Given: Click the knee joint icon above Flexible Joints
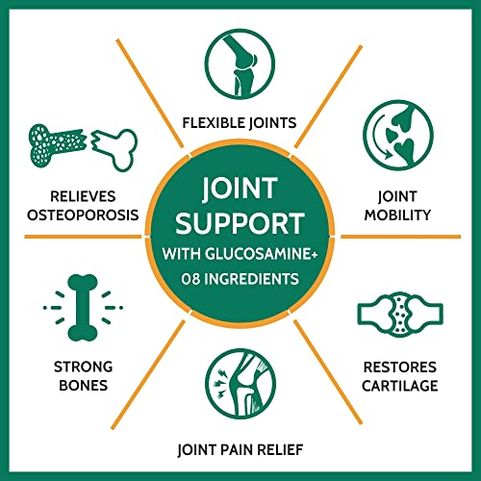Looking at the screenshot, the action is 240,63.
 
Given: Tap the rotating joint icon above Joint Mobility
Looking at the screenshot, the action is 398,135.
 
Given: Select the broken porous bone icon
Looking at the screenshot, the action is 83,147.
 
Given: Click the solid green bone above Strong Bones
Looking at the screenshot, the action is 83,308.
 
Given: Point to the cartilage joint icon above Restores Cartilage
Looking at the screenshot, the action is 400,315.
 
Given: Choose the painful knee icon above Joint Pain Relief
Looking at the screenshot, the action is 240,384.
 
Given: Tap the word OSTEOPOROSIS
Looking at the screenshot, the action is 83,215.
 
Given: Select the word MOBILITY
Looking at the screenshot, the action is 397,215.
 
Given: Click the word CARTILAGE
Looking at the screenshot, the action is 400,386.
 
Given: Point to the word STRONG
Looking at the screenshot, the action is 83,367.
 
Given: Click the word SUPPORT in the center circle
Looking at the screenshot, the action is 240,223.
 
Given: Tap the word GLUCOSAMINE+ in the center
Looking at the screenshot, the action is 262,254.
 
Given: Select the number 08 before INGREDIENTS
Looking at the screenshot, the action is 190,279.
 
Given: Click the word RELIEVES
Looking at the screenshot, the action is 83,196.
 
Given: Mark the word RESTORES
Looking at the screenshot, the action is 400,367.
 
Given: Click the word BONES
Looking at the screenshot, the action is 83,386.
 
